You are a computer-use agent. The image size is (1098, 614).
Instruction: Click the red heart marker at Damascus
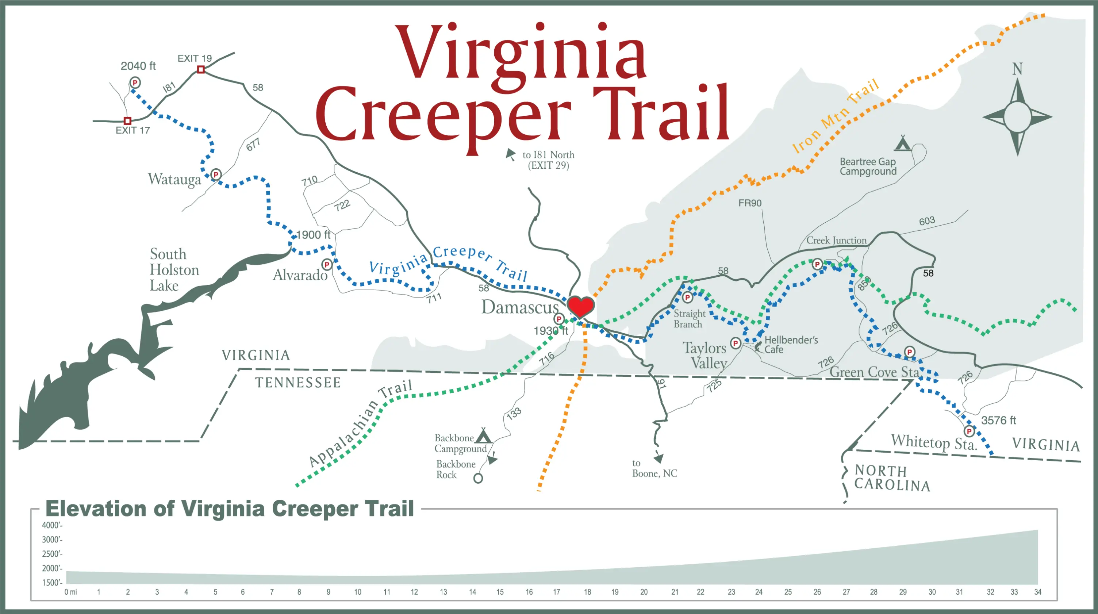coord(580,306)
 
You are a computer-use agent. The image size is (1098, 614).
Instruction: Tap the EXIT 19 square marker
coord(201,69)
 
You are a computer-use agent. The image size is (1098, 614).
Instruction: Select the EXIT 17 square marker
coord(127,121)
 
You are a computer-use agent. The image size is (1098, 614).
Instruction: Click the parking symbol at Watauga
coord(216,174)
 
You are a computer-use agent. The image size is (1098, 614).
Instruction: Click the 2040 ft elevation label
coord(138,66)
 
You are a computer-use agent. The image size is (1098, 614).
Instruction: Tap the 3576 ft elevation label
coord(998,421)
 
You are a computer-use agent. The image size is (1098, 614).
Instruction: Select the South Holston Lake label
coord(174,269)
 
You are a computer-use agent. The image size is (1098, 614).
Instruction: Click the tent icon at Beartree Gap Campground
coord(902,144)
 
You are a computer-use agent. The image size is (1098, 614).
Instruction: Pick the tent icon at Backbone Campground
coord(483,435)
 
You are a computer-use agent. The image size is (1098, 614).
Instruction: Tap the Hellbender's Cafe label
coord(791,345)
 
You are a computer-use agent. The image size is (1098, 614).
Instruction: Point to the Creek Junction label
coord(836,241)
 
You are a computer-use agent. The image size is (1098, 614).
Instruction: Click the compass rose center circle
coord(1017,116)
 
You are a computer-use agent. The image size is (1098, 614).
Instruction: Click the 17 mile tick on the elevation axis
coord(557,592)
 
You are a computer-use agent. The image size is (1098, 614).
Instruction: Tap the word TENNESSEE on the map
coord(298,383)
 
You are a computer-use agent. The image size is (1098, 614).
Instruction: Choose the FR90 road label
coord(750,203)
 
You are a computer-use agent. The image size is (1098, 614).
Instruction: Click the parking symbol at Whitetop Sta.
coord(969,431)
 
